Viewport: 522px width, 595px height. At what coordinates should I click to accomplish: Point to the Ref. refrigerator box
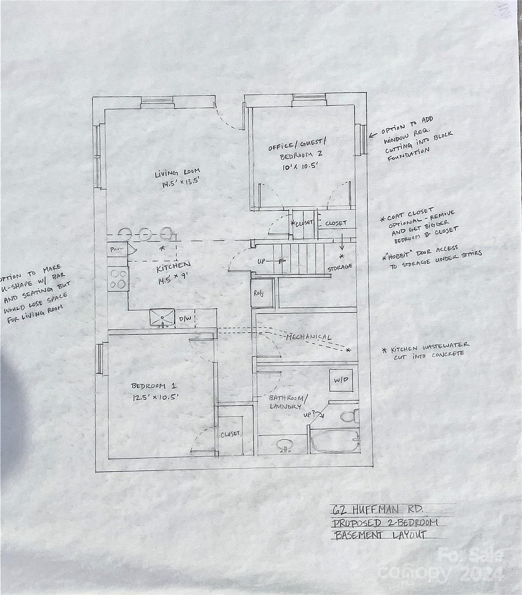(259, 293)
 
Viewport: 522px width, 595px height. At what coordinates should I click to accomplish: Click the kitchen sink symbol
(162, 318)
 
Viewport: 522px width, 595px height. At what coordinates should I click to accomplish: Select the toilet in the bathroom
(349, 416)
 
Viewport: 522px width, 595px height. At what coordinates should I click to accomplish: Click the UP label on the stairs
(262, 261)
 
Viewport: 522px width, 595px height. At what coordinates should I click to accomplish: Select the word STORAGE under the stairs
(340, 267)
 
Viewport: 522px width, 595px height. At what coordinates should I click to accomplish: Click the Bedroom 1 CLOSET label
(230, 434)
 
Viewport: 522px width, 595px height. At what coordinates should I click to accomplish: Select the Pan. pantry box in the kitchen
(116, 249)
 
